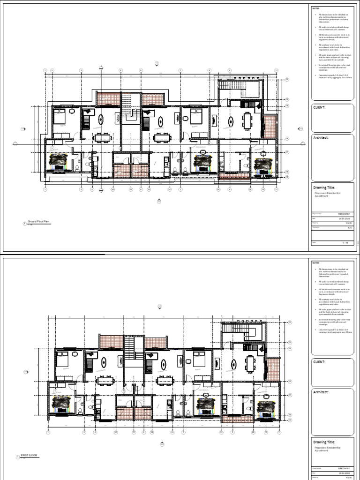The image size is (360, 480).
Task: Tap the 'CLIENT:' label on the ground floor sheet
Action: pyautogui.click(x=319, y=107)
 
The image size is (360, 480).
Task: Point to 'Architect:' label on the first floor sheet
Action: pyautogui.click(x=322, y=392)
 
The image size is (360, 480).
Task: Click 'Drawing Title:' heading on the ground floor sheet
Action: pyautogui.click(x=324, y=187)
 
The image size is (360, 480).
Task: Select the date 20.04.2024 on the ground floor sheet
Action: pyautogui.click(x=345, y=218)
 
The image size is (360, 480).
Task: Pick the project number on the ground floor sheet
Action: pyautogui.click(x=345, y=214)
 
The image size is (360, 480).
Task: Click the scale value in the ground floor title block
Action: pyautogui.click(x=345, y=243)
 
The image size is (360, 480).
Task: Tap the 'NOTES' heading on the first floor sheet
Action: pyautogui.click(x=316, y=262)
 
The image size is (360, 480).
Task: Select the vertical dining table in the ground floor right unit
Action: pyautogui.click(x=247, y=121)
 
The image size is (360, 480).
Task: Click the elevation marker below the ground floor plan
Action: pyautogui.click(x=158, y=202)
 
